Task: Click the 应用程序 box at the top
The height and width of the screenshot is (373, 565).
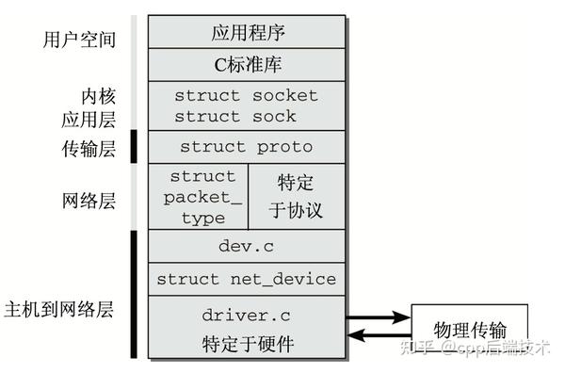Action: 246,32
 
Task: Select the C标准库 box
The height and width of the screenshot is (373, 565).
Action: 246,65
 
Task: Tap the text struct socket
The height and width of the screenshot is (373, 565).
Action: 246,95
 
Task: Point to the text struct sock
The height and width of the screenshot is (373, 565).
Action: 234,117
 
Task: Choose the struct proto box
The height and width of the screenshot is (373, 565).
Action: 246,147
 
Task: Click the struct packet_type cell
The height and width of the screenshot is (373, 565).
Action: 202,196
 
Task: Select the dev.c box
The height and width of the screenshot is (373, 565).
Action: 246,246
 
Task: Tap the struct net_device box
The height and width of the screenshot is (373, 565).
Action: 246,280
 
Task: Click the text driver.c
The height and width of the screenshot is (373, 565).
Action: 246,314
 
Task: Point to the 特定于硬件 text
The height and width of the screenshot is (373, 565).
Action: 248,344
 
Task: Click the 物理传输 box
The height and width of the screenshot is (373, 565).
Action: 469,330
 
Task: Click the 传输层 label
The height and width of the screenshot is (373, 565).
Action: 87,147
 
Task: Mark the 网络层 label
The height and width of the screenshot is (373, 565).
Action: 87,200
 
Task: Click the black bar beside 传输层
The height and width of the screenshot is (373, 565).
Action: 134,147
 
